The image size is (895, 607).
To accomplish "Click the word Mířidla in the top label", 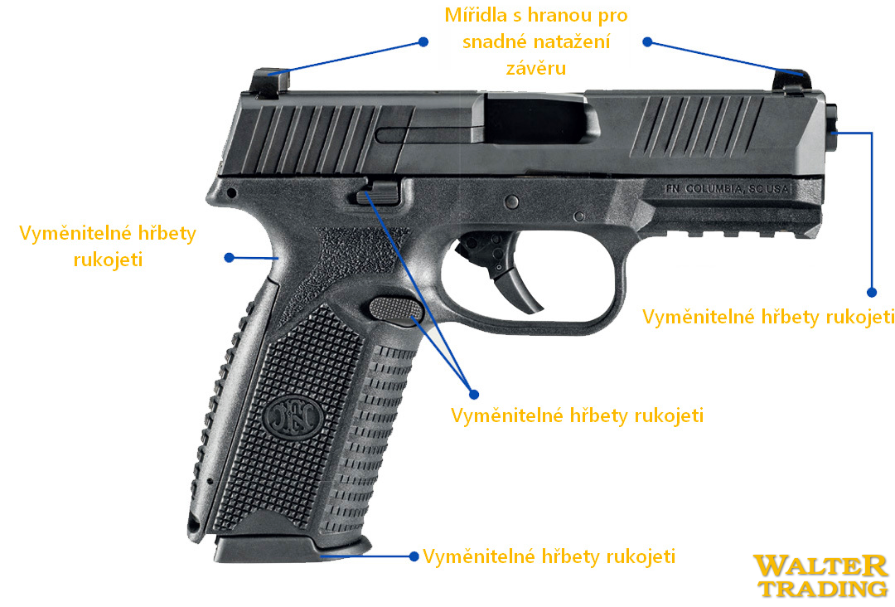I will (475, 17).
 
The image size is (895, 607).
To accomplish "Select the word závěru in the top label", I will (537, 69).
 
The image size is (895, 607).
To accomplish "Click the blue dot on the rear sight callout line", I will (423, 41).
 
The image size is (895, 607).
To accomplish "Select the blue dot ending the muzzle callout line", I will (872, 292).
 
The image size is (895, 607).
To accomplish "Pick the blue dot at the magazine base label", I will (413, 556).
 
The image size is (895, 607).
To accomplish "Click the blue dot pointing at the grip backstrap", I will (229, 259).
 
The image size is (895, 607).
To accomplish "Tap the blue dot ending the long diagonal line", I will (473, 393).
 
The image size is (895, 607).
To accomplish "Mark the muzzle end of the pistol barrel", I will (831, 133).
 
